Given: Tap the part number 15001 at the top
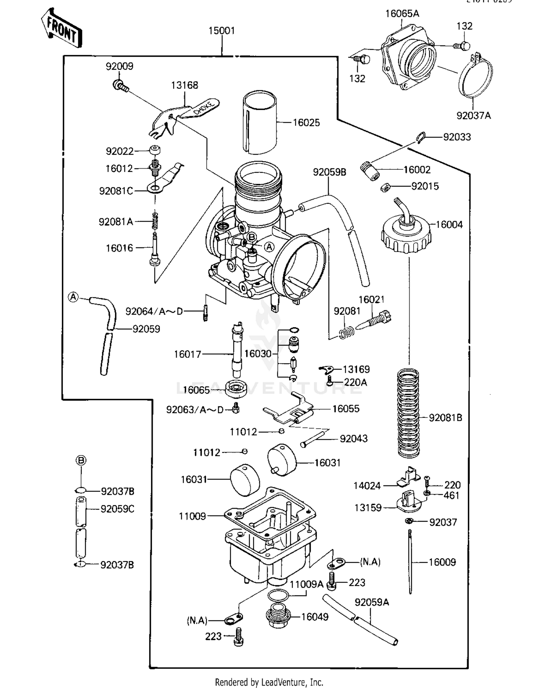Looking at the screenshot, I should coord(221,31).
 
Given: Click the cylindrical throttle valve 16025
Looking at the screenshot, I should coord(259,122).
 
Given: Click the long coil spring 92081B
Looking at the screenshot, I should coord(409,413).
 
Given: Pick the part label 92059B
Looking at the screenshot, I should coord(329,172).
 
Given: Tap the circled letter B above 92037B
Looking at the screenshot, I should coord(81,460).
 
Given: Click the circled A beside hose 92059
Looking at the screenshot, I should coord(73,297).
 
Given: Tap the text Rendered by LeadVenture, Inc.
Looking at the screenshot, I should coord(269,682).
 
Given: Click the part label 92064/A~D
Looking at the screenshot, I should coord(154,311).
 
